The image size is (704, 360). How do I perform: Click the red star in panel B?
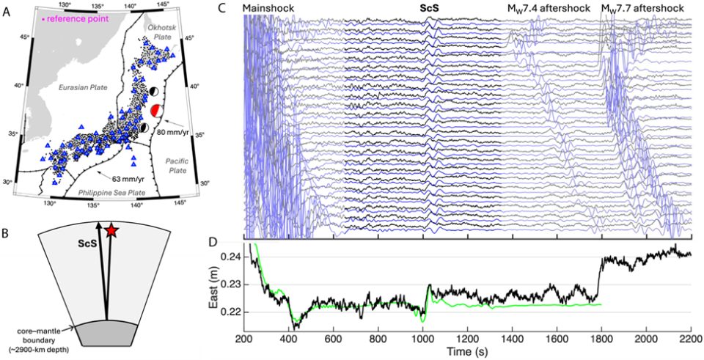111,231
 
